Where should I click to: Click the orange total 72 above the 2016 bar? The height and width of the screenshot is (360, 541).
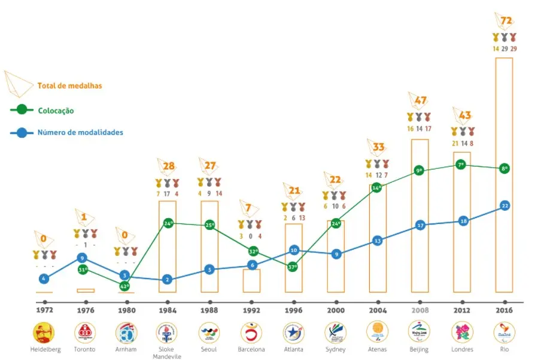506,21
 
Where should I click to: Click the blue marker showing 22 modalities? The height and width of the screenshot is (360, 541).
504,205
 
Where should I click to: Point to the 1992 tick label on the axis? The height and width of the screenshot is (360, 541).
251,311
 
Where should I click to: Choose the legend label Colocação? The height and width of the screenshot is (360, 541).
56,110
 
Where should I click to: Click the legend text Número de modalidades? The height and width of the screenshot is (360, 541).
80,132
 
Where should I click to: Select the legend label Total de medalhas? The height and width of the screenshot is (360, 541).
69,86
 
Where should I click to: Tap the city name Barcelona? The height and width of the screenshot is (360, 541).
251,349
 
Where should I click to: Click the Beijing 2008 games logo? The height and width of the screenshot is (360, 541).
420,331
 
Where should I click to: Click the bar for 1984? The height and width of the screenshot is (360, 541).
167,246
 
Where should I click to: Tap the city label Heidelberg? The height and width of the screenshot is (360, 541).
42,349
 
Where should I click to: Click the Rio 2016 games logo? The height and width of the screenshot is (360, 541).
504,331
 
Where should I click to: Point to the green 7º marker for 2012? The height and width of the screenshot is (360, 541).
461,164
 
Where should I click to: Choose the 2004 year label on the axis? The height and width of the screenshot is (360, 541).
378,311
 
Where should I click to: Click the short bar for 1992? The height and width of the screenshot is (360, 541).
251,280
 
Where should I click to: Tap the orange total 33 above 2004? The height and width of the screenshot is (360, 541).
378,146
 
